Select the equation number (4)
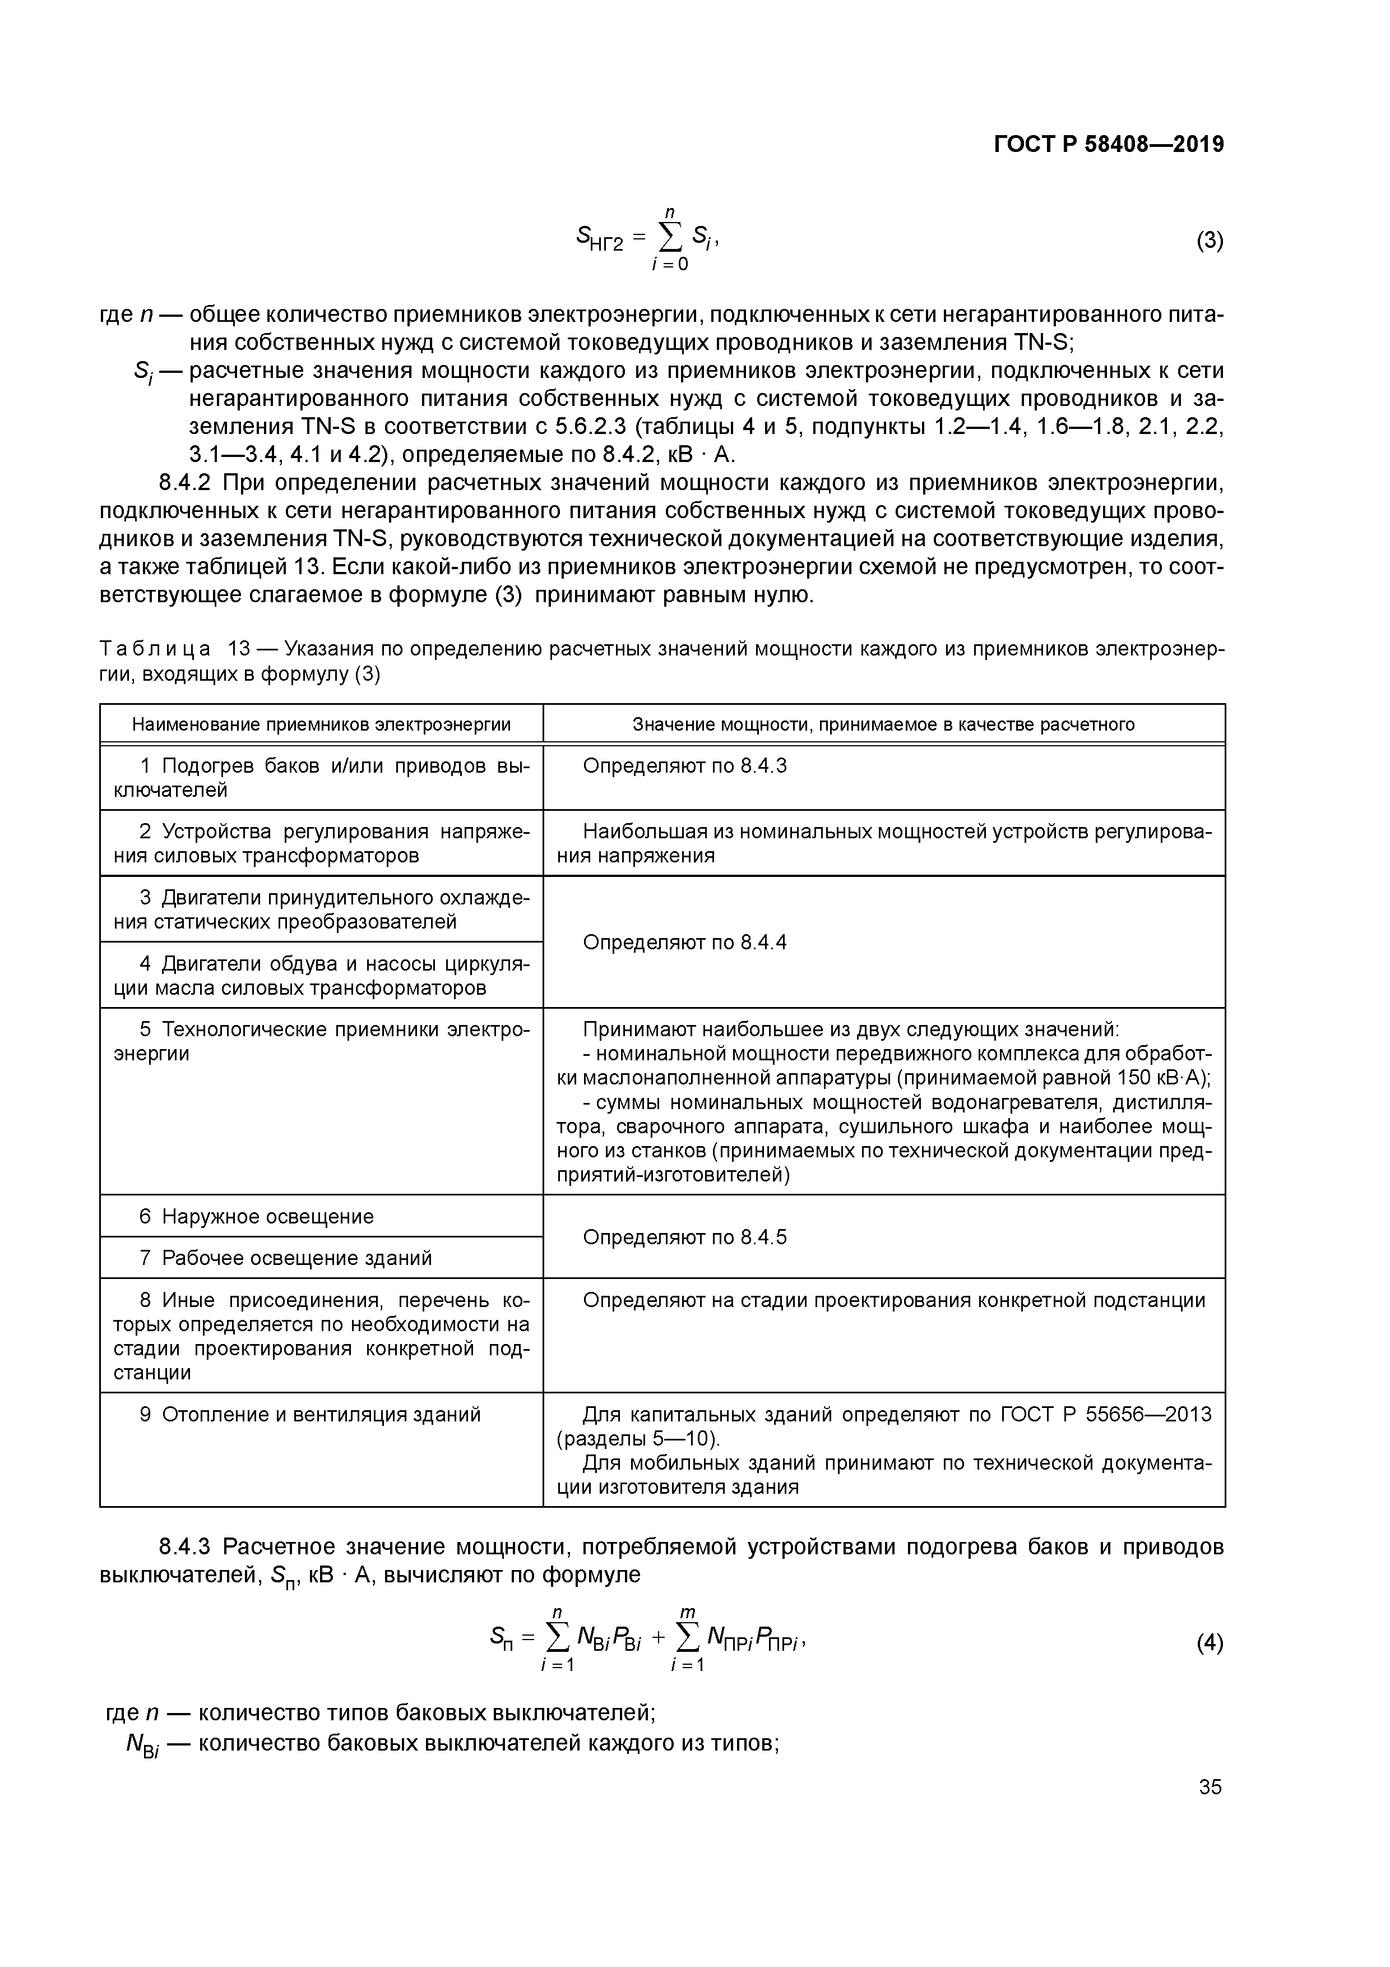[x=1210, y=1643]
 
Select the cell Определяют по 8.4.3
[x=684, y=766]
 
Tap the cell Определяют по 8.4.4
[x=684, y=943]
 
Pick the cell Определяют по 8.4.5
[x=684, y=1237]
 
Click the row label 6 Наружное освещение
[x=257, y=1217]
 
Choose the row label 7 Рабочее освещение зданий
[x=286, y=1258]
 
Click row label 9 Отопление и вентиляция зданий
[x=310, y=1415]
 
